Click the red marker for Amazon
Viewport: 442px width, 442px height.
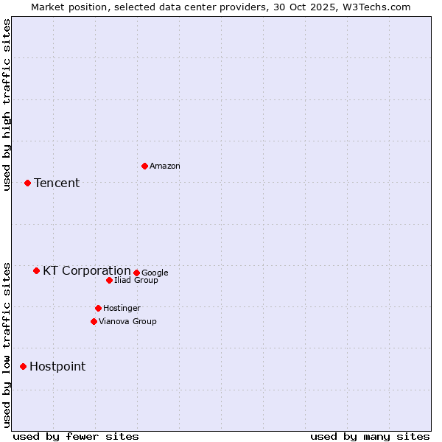click(144, 166)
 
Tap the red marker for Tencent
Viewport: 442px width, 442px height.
click(27, 183)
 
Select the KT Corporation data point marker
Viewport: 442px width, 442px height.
click(36, 270)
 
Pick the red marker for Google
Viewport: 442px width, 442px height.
click(136, 273)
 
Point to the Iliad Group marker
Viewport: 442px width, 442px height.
click(109, 280)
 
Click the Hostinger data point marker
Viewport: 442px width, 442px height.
click(98, 308)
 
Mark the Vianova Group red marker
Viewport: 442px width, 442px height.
click(94, 321)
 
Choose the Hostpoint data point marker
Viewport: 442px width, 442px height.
click(23, 366)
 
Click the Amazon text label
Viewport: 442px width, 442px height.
click(165, 166)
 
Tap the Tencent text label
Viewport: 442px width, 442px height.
click(57, 183)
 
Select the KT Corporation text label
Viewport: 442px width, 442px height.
click(86, 271)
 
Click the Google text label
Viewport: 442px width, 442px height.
click(155, 273)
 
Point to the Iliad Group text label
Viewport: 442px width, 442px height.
click(136, 281)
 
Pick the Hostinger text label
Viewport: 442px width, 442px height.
click(122, 309)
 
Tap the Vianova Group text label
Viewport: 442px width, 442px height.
click(127, 322)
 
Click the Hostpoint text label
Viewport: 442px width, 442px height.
click(57, 367)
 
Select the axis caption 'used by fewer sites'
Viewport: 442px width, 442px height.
click(76, 436)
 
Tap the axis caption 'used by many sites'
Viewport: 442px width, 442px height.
click(370, 436)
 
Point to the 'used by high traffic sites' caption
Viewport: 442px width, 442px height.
click(7, 105)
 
